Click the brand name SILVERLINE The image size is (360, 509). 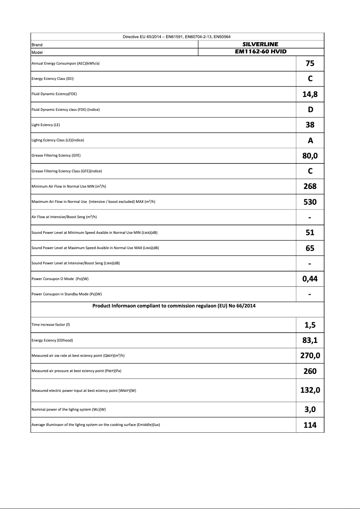click(x=260, y=44)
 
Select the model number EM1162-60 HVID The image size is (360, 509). click(x=260, y=52)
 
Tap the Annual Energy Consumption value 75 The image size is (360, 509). click(x=310, y=64)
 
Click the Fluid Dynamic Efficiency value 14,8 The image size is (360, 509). click(x=310, y=94)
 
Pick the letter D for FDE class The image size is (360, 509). click(x=310, y=110)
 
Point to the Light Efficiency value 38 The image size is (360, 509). click(x=310, y=125)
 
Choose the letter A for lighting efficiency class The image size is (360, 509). click(x=310, y=140)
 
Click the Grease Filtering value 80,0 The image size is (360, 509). click(x=310, y=156)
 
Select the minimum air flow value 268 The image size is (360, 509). click(x=310, y=186)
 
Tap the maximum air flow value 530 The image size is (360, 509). click(x=310, y=202)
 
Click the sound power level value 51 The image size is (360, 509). click(x=310, y=233)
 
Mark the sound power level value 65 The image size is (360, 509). click(x=310, y=248)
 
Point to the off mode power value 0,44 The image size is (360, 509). click(x=310, y=279)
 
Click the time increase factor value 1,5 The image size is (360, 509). click(x=310, y=325)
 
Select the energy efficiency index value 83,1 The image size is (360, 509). click(x=310, y=340)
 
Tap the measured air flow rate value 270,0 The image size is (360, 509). click(x=310, y=356)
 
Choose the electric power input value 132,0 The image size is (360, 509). click(x=310, y=390)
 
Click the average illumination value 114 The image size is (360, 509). click(x=310, y=425)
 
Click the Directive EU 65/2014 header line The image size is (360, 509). click(x=177, y=37)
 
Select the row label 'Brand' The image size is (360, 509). click(x=37, y=45)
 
